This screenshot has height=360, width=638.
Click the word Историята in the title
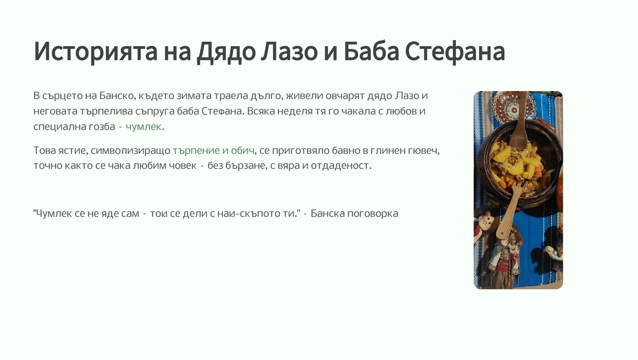pyautogui.click(x=96, y=52)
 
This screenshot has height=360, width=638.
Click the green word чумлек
pyautogui.click(x=143, y=127)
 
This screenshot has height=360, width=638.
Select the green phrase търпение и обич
pyautogui.click(x=213, y=151)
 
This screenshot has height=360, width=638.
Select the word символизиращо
pyautogui.click(x=130, y=151)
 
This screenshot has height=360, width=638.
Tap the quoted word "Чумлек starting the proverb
pyautogui.click(x=52, y=214)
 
